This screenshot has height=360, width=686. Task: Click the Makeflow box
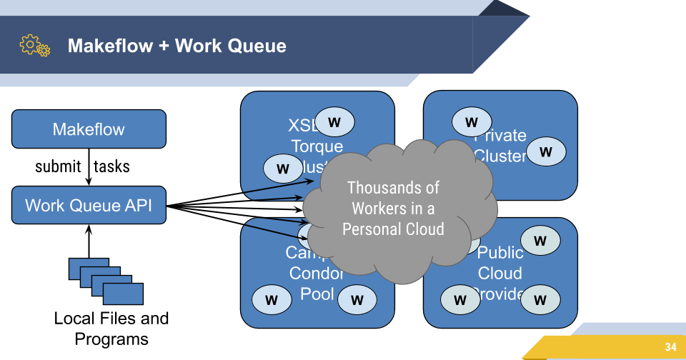click(89, 129)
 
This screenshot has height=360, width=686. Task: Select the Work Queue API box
click(89, 205)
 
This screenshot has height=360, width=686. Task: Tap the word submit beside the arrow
click(58, 167)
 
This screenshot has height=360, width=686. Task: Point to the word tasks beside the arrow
click(112, 167)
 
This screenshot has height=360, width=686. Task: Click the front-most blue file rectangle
click(123, 294)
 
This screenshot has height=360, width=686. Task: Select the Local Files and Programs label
click(111, 328)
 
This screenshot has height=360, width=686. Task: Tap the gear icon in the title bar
click(34, 46)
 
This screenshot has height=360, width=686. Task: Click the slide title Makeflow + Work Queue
click(177, 46)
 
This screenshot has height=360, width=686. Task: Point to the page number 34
click(670, 347)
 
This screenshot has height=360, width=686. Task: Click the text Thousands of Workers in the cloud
click(393, 208)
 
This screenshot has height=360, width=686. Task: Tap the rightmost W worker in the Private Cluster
click(546, 151)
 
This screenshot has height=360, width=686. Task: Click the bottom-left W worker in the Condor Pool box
click(272, 300)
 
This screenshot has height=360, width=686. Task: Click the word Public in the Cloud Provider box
click(500, 253)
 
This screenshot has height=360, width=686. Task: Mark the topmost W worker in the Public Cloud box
click(540, 241)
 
